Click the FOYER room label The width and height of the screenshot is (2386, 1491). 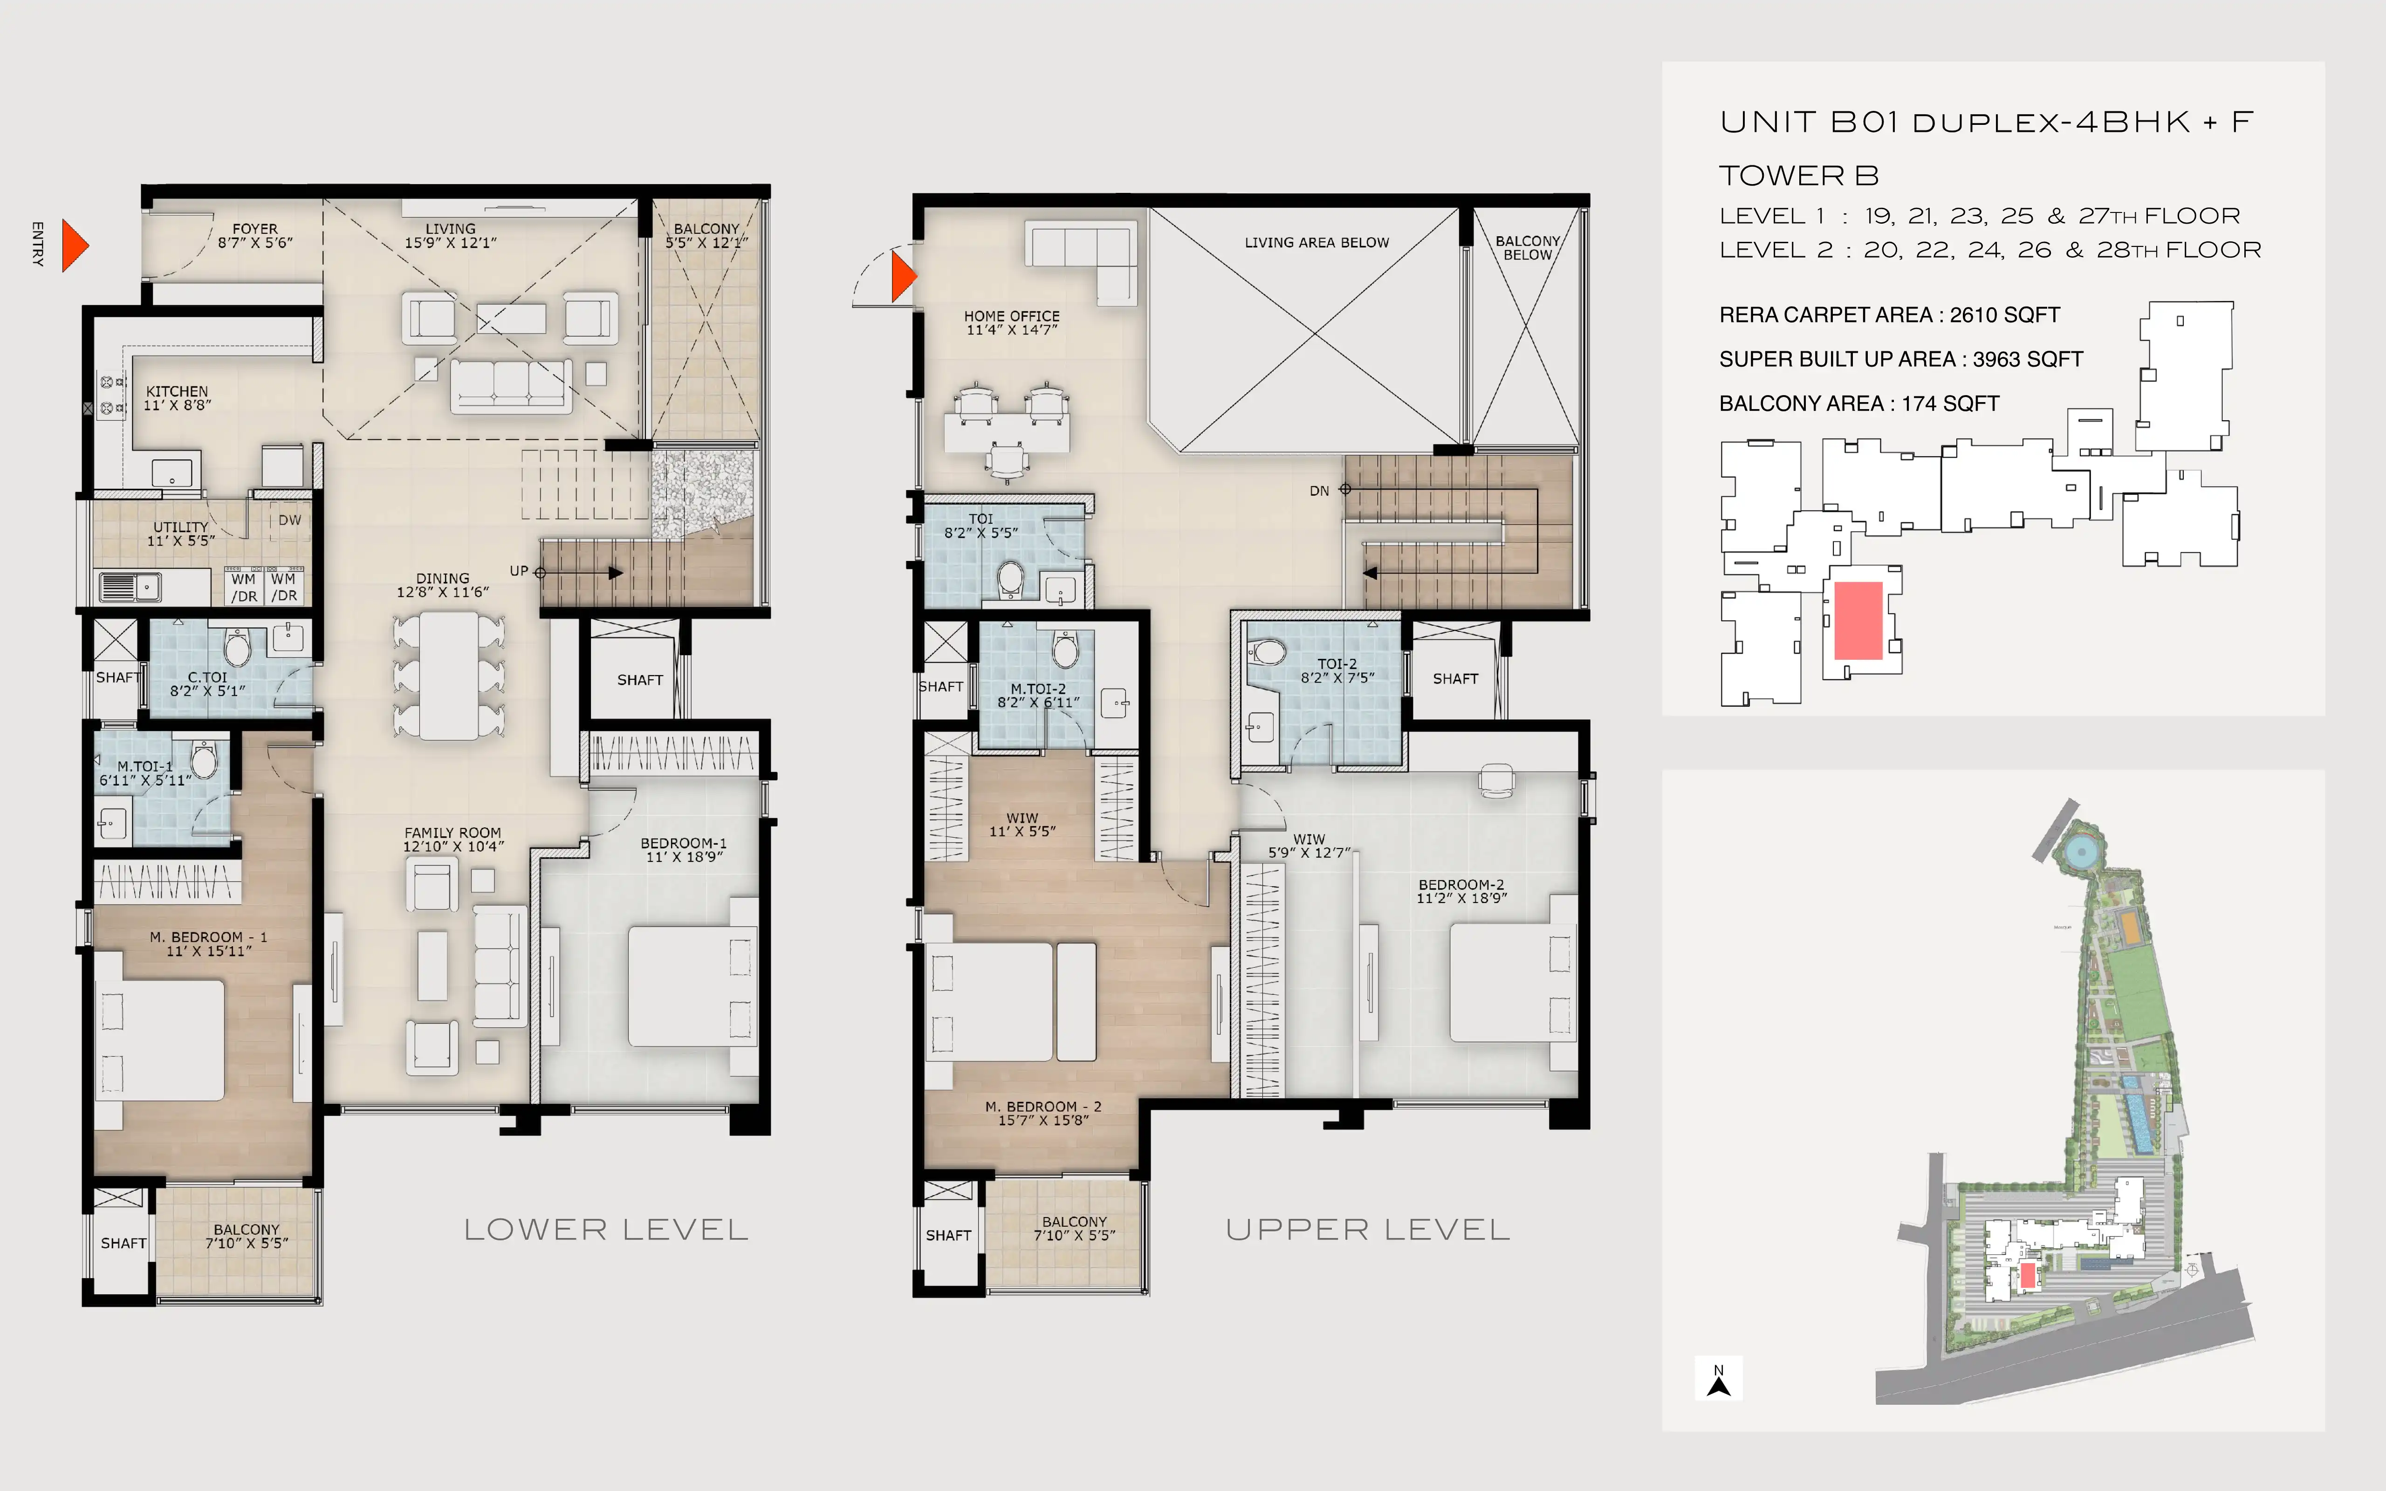pos(255,229)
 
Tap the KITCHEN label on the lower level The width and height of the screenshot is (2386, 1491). pos(178,391)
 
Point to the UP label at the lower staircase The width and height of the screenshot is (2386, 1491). pos(519,571)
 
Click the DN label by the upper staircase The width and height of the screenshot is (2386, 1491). pos(1319,491)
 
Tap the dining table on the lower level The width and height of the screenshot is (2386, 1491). pos(449,676)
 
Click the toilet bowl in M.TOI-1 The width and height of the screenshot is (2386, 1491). pos(204,760)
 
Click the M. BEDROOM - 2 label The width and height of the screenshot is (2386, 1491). pos(1043,1107)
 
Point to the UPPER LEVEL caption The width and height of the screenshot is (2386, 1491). pos(1367,1230)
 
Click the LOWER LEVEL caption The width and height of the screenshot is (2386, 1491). pos(606,1230)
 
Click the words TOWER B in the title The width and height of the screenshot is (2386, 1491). pos(1799,176)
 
